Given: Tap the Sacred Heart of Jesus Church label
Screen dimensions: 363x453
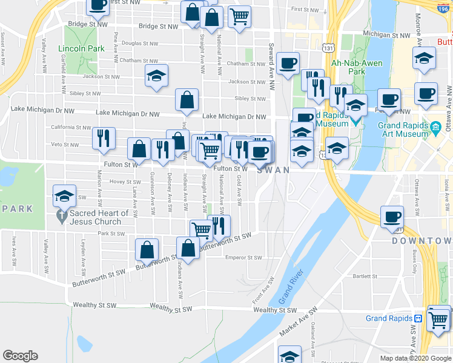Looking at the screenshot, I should tap(99, 217).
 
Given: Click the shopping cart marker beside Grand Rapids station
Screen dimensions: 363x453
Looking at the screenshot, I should tap(438, 318).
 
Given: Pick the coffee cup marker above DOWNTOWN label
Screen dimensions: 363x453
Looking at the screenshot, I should tap(392, 217).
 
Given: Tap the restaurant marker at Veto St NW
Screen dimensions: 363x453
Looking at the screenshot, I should tap(104, 137).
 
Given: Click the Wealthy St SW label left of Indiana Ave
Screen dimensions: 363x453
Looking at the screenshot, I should tap(93, 305).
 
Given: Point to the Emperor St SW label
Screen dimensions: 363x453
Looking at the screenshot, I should tap(243, 257).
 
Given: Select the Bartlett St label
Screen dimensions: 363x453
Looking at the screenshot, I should tap(365, 275).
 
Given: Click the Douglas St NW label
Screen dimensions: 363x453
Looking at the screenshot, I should tap(139, 44).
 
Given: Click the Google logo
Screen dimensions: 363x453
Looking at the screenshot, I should tap(20, 356).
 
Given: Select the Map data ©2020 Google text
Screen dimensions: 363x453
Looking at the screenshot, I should tap(415, 358).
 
